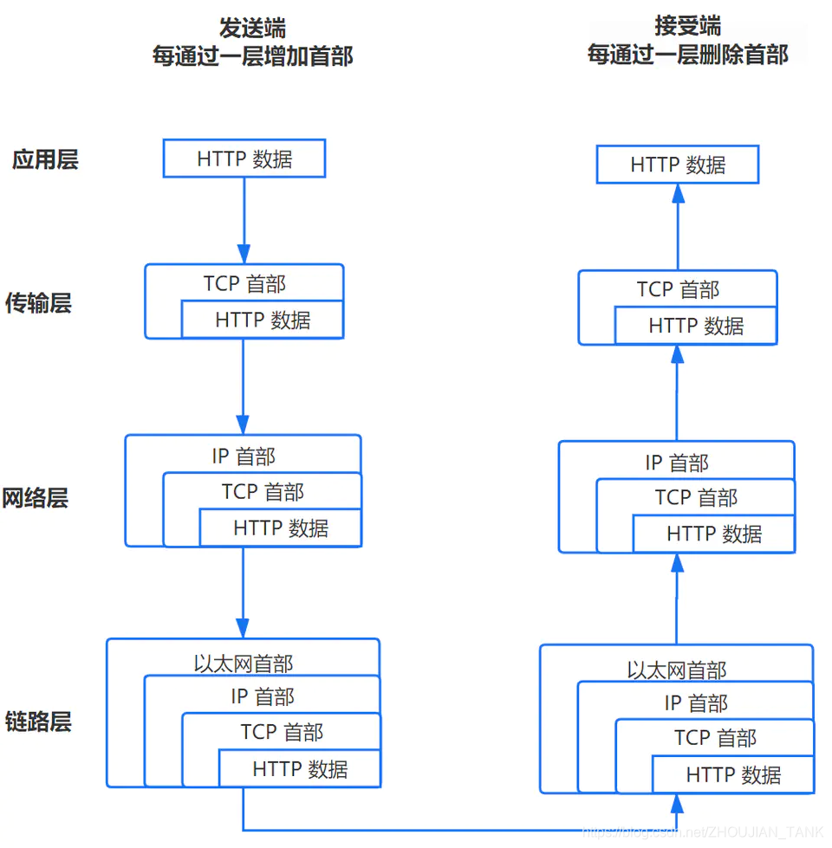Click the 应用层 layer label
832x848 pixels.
tap(45, 160)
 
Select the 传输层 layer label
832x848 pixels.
tap(38, 303)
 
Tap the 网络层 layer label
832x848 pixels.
tap(36, 498)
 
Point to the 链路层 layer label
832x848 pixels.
tap(38, 722)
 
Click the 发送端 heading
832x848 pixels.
tap(252, 27)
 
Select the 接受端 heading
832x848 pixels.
tap(688, 26)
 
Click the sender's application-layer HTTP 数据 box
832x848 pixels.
tap(244, 159)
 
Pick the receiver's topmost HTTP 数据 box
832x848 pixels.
tap(678, 165)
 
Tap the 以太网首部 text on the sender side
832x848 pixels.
tap(244, 664)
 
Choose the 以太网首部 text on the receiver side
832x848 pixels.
tap(677, 670)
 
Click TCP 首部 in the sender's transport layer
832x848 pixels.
tap(244, 283)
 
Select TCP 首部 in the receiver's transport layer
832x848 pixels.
tap(678, 289)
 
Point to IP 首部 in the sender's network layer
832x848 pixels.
tap(244, 456)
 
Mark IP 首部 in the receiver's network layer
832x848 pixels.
tap(677, 463)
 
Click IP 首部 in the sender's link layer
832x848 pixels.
tap(263, 696)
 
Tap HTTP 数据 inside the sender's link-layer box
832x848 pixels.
tap(300, 768)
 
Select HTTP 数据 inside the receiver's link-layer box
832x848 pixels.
tap(733, 775)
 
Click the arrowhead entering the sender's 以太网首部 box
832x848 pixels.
tap(243, 627)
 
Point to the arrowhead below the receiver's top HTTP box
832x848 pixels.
tap(678, 195)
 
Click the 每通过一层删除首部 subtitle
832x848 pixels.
tap(688, 55)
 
